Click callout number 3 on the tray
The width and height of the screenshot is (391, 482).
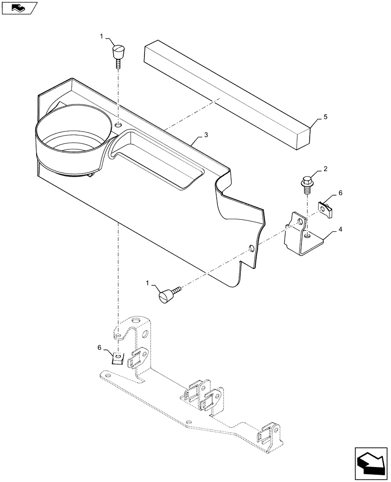click(206, 135)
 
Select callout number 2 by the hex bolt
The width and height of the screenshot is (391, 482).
click(325, 169)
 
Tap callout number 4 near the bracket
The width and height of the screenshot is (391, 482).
click(340, 229)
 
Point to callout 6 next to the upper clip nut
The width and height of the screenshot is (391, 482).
click(340, 193)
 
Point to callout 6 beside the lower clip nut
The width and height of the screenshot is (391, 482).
click(100, 348)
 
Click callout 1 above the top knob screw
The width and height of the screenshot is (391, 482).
click(101, 36)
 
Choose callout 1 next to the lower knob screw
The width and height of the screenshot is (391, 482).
click(148, 284)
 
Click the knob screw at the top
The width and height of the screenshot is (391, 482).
click(118, 54)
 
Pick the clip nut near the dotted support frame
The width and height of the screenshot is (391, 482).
click(117, 358)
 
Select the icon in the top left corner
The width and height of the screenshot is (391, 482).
click(19, 8)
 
